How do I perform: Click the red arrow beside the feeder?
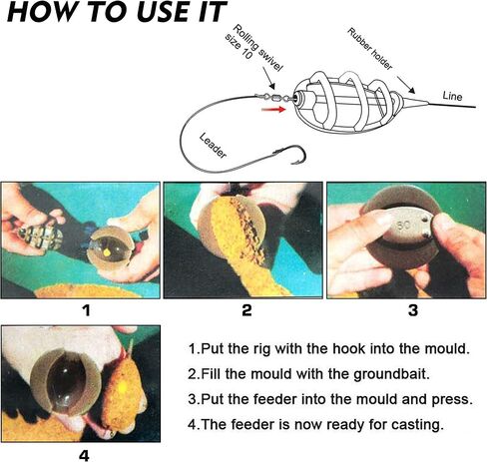tap(273, 109)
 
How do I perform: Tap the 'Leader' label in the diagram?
tap(214, 146)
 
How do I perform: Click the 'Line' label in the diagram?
tap(452, 96)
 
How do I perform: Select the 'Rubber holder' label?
tap(370, 49)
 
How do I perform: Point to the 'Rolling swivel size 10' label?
tap(253, 47)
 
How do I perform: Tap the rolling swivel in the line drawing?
tap(274, 98)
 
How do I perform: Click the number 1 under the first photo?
tap(87, 310)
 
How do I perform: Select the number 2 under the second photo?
tap(246, 310)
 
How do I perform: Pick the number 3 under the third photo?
tap(413, 310)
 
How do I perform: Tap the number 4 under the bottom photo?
tap(84, 455)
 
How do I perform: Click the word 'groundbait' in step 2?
tap(389, 374)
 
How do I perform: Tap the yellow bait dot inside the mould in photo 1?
tap(107, 253)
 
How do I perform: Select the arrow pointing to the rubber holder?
tap(406, 85)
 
